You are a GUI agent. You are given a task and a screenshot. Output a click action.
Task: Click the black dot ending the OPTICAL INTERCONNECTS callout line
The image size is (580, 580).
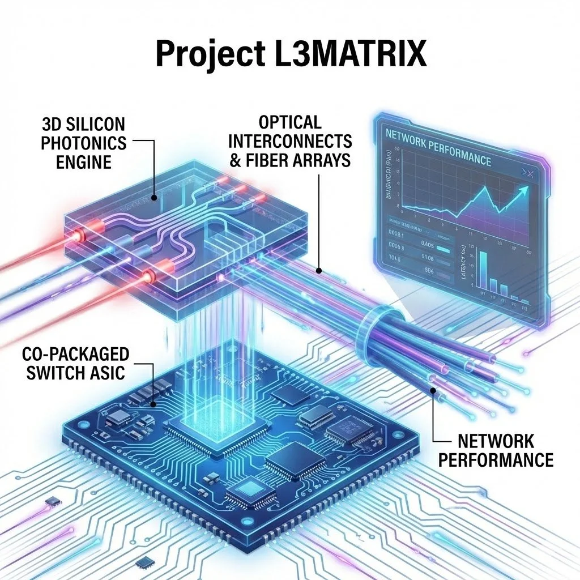319,270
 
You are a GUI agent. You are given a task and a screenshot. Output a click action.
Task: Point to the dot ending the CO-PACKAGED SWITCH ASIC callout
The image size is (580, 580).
155,405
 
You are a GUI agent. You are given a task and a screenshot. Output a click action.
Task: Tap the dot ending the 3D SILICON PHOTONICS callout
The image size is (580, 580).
155,198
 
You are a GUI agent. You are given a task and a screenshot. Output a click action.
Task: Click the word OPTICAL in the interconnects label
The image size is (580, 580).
289,122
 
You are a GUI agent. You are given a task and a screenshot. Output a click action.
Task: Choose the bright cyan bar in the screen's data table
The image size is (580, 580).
443,248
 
